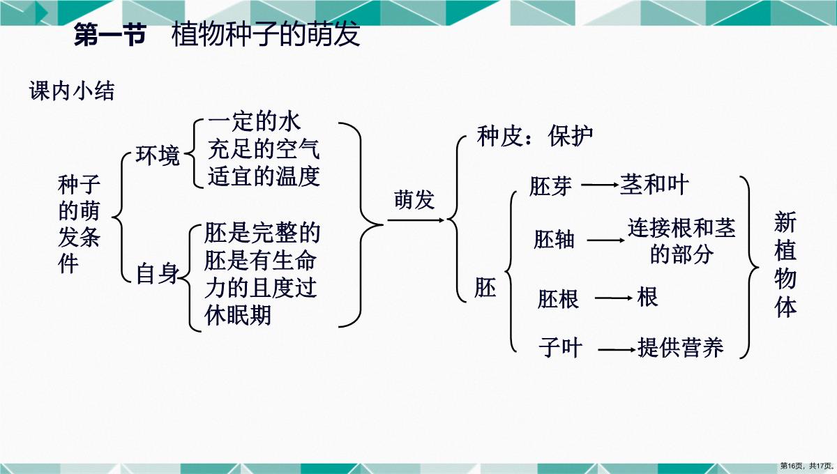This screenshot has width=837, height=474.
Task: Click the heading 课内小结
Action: coord(72,91)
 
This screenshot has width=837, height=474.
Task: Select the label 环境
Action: coord(158,155)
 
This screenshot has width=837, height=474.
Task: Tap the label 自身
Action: coord(158,273)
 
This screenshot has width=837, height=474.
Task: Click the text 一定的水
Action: coord(254,122)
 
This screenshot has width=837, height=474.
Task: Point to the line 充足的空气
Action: coord(264,149)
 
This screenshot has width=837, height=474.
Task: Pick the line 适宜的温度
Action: coord(264,176)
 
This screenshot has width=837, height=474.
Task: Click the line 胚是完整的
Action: coord(262,233)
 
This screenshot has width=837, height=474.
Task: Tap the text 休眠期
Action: coord(238,315)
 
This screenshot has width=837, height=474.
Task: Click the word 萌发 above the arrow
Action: coord(414,199)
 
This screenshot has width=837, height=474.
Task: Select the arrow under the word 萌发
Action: coord(416,220)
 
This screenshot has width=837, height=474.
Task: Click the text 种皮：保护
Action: coord(535,136)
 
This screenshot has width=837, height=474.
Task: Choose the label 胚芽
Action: coord(550,186)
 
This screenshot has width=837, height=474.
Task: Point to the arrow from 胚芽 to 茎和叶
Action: coord(600,185)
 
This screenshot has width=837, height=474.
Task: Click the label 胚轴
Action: coord(554,239)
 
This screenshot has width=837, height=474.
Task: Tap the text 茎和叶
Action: coord(654,185)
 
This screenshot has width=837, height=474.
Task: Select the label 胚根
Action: coord(558,299)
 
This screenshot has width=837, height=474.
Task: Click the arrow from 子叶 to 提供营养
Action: coord(617,350)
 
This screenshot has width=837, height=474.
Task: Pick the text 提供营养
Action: coord(681,347)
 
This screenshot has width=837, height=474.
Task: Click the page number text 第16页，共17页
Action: coord(806,466)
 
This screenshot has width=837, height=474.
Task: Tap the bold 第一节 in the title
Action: coord(110,35)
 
